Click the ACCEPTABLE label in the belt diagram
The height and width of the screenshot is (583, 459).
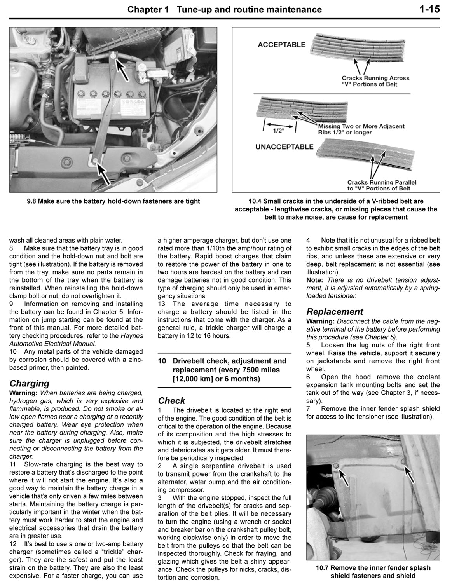281,45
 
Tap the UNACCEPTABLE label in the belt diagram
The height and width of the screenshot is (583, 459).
284,147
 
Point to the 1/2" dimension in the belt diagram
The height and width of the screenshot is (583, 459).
279,131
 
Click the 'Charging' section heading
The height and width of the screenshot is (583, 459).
30,384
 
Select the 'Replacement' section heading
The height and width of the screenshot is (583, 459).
334,312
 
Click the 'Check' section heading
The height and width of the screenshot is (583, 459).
171,401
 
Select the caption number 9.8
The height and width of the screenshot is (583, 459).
31,201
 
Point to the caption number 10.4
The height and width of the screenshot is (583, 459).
255,201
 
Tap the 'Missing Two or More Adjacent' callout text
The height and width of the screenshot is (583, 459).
361,126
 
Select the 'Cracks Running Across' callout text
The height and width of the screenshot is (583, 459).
375,78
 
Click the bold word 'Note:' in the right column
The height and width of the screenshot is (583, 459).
314,280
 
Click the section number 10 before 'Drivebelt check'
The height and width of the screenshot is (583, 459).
162,361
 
